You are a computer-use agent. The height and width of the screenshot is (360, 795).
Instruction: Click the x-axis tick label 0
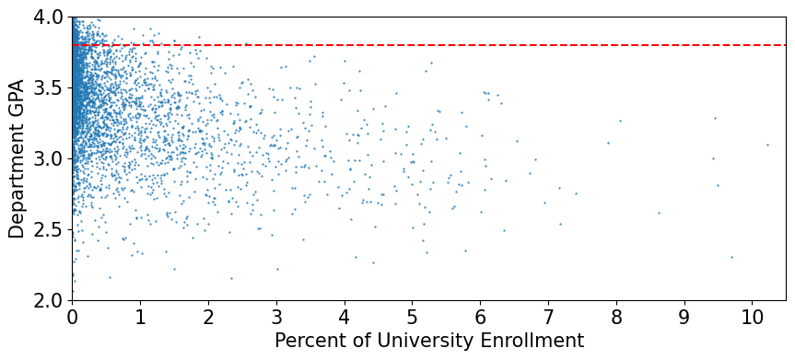click(72, 317)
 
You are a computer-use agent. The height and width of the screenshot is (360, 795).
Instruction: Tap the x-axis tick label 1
click(140, 317)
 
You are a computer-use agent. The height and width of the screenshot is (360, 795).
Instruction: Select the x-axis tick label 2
click(208, 317)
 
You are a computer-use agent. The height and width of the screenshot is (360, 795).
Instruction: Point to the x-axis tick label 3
click(276, 317)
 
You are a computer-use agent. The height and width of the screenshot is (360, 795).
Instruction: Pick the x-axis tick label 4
click(345, 317)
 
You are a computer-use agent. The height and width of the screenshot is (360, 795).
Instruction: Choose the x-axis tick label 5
click(412, 317)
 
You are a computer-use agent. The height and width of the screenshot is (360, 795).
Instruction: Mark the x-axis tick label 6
click(480, 317)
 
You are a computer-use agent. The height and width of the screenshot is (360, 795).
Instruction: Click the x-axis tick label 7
click(548, 317)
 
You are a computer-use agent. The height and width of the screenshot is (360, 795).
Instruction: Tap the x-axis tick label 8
click(616, 317)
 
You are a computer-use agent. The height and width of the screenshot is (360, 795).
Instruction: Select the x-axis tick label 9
click(684, 317)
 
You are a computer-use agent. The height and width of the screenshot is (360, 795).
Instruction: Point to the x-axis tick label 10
click(752, 317)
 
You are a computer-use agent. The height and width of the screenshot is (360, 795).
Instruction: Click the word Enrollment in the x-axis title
click(533, 341)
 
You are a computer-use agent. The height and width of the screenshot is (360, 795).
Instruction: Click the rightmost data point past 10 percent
click(767, 145)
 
